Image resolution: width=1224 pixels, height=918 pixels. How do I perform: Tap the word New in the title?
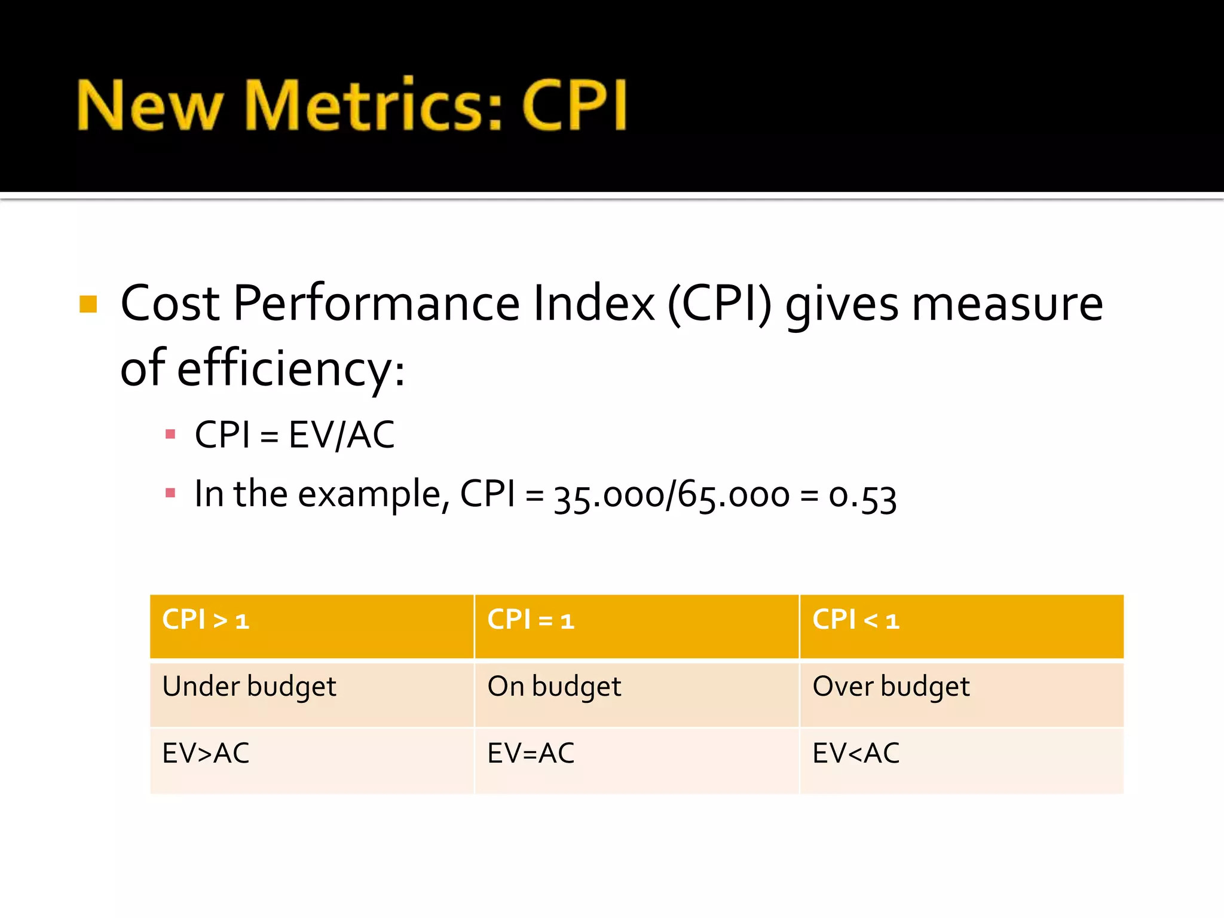(149, 106)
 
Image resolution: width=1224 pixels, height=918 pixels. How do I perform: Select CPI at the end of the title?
(574, 106)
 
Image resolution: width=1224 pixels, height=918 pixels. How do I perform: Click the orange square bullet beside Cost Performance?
(88, 304)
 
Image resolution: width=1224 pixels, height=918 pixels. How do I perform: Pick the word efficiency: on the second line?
(291, 369)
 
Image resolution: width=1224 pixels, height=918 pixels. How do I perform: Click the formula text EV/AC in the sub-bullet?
(341, 434)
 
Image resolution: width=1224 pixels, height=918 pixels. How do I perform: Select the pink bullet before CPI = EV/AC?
(170, 434)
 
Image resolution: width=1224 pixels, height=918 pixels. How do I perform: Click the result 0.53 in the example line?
(862, 496)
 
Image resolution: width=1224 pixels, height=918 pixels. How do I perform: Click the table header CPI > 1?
(206, 620)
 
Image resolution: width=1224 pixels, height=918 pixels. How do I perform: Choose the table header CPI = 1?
(531, 620)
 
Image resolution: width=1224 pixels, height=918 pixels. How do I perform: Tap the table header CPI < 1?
(856, 620)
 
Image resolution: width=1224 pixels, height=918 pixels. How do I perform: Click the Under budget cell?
(249, 687)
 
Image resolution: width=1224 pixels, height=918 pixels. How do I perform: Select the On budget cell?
(554, 687)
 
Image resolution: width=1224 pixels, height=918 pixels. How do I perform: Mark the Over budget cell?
(891, 687)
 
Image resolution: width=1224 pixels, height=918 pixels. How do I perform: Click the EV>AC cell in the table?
(206, 753)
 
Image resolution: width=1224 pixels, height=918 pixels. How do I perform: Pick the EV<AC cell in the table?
(856, 753)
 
